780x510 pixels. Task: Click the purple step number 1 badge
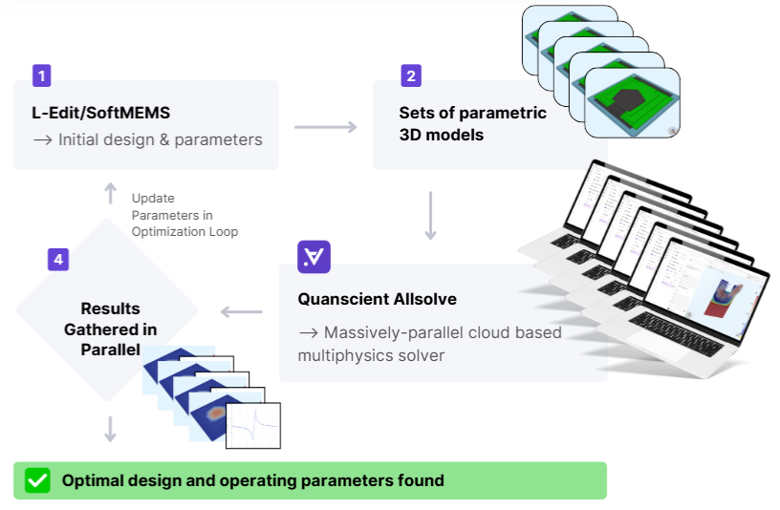pos(41,75)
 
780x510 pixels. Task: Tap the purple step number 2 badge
pos(411,75)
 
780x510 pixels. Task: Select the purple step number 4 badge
pos(57,259)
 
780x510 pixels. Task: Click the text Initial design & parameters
pos(160,139)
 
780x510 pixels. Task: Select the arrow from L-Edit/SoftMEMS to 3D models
pos(325,126)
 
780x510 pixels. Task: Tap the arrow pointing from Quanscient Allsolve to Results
pos(242,311)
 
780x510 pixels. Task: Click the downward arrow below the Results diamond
pos(110,429)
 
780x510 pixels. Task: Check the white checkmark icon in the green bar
pos(37,480)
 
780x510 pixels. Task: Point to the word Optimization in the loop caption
pos(164,231)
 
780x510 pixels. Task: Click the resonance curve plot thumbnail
pos(253,425)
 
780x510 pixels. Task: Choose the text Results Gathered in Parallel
pos(110,329)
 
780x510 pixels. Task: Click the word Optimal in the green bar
pos(94,480)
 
